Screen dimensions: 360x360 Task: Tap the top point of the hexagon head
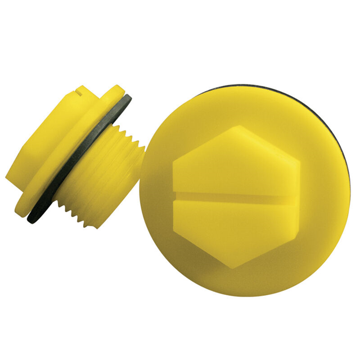tap(238, 126)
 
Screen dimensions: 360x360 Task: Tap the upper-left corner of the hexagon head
tap(175, 160)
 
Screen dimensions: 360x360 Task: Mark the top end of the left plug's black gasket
tap(127, 98)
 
